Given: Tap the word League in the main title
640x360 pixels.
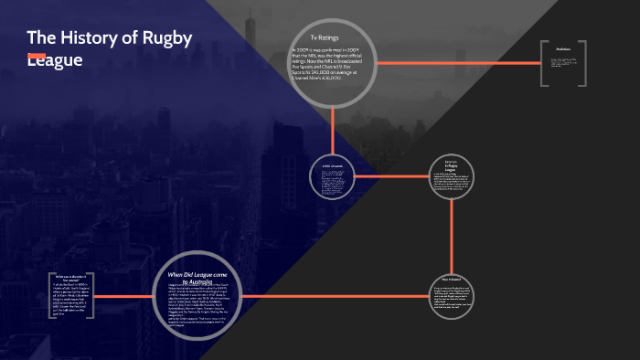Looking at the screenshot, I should (55, 60).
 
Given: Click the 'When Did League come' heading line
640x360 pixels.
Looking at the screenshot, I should (202, 273).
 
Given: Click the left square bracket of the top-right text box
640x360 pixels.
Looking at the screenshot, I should (542, 64).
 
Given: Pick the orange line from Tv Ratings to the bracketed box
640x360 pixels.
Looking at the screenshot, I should (457, 63).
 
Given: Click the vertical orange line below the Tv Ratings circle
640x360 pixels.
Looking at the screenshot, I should (333, 128).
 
